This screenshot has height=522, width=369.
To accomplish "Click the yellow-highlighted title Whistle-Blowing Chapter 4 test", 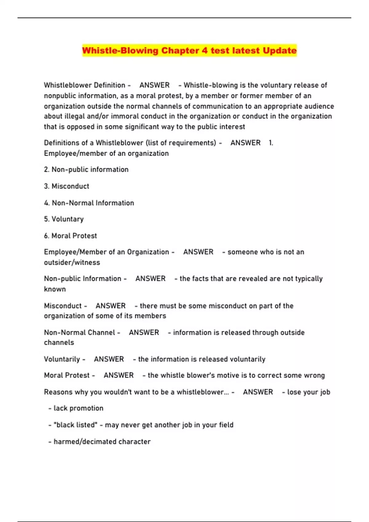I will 189,50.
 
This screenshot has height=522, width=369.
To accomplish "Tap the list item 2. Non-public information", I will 86,169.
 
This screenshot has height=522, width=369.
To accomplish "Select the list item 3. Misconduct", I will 66,186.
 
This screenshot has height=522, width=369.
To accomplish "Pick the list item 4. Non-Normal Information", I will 89,203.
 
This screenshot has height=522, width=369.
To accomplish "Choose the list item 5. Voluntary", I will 64,219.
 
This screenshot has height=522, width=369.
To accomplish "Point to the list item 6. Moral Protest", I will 70,236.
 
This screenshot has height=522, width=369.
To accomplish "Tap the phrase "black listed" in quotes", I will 75,425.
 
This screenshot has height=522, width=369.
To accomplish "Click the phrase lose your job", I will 308,392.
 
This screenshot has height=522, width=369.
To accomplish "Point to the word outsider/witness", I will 72,263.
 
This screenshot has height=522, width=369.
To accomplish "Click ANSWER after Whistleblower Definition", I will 154,85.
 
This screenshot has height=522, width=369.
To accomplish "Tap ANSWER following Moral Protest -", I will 118,375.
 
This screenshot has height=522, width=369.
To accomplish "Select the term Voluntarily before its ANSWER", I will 62,359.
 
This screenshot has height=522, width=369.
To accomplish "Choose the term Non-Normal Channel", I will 79,333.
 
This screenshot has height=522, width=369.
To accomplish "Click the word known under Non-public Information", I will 55,289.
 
